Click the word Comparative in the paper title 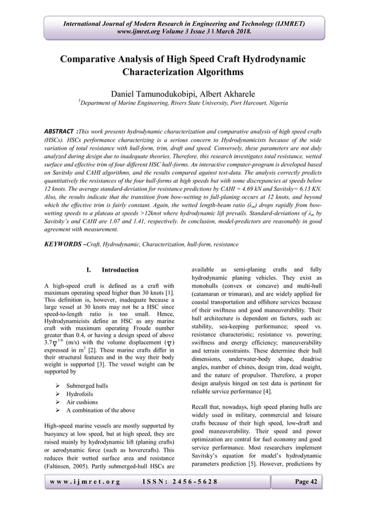[x=96, y=60]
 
